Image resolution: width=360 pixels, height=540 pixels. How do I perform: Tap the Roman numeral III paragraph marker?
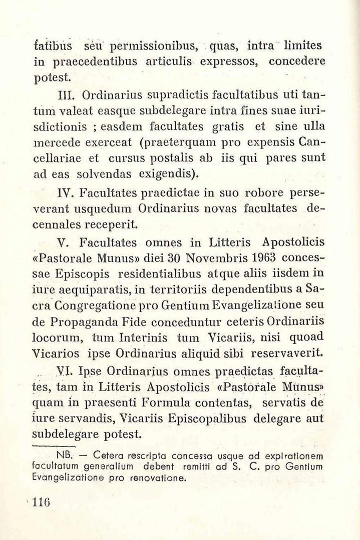click(x=67, y=94)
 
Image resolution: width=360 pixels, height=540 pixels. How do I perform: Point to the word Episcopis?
click(x=83, y=275)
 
